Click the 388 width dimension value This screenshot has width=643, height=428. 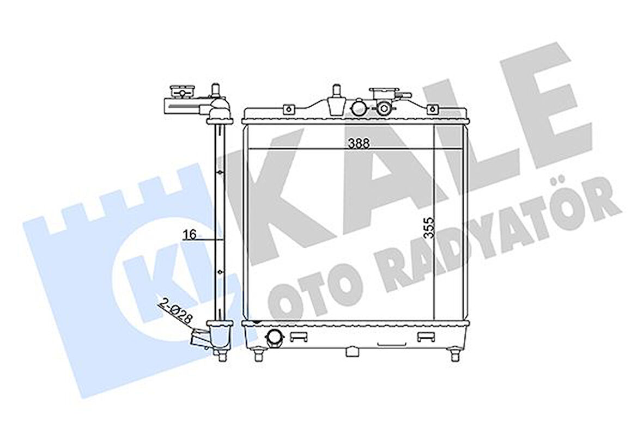[x=359, y=144]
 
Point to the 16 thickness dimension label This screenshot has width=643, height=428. [x=190, y=235]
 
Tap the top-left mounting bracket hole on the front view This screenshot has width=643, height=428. [x=289, y=109]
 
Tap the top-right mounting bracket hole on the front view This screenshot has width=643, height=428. [x=432, y=109]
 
